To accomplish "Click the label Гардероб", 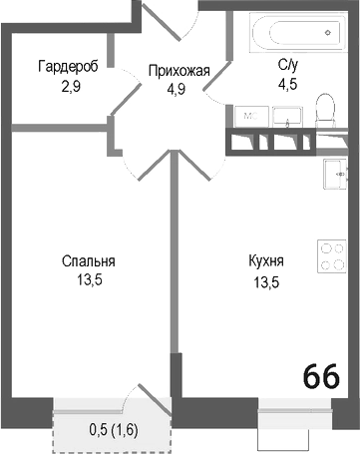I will pos(67,67).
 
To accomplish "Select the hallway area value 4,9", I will pos(179,87).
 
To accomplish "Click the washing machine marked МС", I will pos(251,116).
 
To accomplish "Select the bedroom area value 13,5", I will pos(89,279).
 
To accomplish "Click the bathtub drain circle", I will pos(328,33).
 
